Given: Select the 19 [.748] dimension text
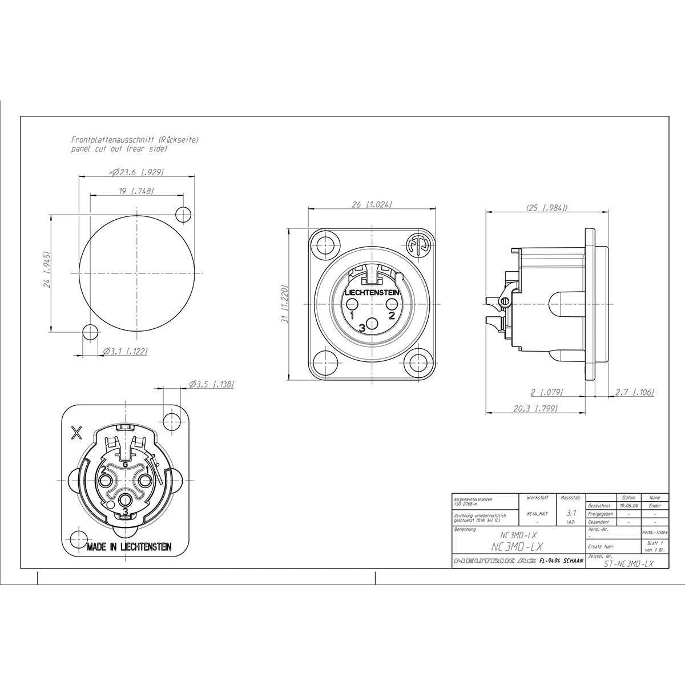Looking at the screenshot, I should coord(136,192).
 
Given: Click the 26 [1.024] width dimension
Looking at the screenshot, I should coord(372,204).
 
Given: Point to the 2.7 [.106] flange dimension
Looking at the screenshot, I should coord(635,392).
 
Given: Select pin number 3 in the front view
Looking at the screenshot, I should coord(362,328).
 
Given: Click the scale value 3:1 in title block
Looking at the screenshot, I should coord(570,513).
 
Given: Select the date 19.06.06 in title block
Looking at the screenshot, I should coord(629,506).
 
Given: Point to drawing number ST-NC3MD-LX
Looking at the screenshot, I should coord(628,563).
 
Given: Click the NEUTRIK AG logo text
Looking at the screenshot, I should coord(494,562).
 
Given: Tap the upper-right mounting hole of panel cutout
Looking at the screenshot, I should coord(183,215).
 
